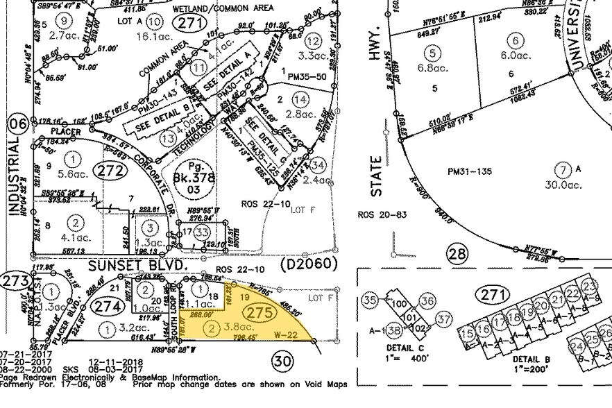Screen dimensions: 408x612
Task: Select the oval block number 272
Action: click(x=112, y=169)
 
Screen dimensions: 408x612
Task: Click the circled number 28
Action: click(x=457, y=254)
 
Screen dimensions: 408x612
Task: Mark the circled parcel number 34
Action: click(x=318, y=165)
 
